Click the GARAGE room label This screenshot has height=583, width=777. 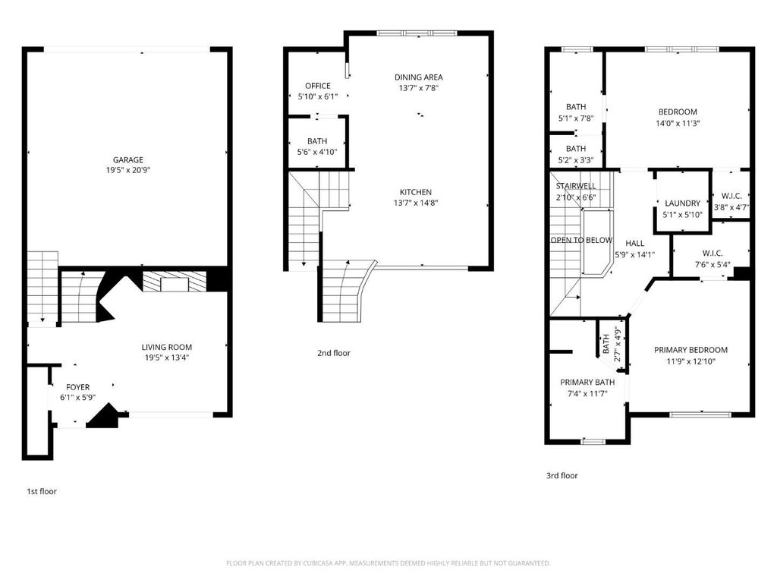tap(127, 159)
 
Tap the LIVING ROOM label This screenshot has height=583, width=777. tap(166, 347)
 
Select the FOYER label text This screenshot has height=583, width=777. tap(78, 386)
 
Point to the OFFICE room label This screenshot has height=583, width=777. tap(318, 86)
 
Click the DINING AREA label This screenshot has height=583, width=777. tap(419, 77)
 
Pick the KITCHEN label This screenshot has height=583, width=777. tap(416, 192)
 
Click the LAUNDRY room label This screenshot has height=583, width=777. tap(682, 203)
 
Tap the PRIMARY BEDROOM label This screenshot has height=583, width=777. tap(690, 349)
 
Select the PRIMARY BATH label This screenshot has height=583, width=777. tap(587, 382)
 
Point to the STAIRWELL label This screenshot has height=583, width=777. tap(576, 186)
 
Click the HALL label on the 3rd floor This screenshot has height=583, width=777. tap(635, 243)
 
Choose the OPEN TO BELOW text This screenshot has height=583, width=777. tap(582, 240)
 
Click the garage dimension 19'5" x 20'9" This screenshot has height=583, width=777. tap(127, 170)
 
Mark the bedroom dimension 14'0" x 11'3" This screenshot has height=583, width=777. tap(678, 123)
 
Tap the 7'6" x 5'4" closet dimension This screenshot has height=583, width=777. tap(712, 264)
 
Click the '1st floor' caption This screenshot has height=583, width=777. tap(42, 491)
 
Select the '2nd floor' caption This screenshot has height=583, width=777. tap(334, 353)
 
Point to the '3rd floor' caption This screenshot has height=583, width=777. tap(562, 475)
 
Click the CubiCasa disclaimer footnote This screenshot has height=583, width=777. tap(388, 563)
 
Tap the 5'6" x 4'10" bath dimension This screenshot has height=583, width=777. tap(317, 152)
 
